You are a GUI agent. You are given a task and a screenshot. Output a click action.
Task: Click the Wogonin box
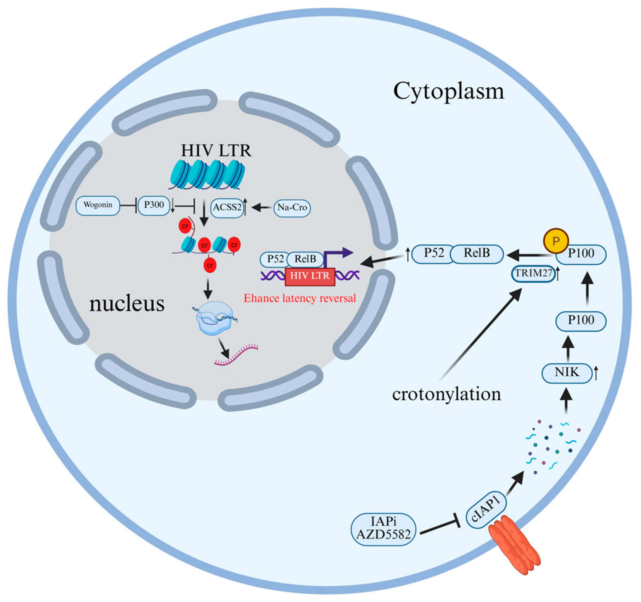[98, 205]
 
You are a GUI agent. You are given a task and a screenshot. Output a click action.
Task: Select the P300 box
[154, 205]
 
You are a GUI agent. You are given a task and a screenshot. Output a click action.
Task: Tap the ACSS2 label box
[227, 208]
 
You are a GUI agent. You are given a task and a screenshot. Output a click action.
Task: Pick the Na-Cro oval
[292, 208]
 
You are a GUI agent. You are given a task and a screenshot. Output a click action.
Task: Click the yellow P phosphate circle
[556, 241]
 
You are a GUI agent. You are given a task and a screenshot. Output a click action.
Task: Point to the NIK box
[567, 373]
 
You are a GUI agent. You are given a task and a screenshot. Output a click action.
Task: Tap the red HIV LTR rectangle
[310, 276]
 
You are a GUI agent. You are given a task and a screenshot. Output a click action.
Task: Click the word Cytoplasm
[448, 91]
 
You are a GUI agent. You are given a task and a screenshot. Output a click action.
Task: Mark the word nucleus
[127, 304]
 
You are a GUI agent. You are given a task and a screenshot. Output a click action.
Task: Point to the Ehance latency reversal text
[300, 298]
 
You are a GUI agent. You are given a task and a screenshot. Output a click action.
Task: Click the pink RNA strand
[237, 355]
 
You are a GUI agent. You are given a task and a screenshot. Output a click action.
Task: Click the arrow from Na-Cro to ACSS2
[261, 208]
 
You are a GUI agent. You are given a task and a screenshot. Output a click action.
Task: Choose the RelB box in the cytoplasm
[476, 253]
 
